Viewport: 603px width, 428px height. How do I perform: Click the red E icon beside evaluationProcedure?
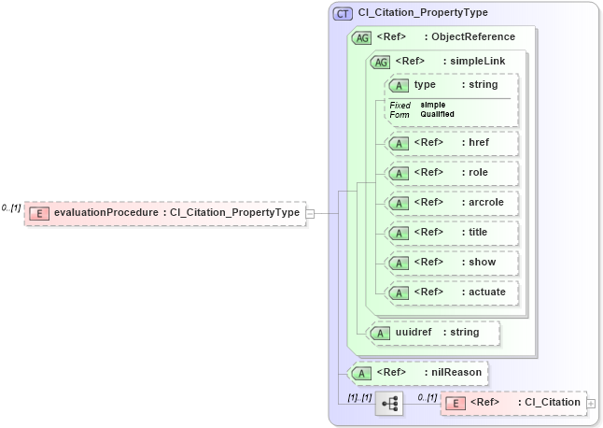tap(39, 213)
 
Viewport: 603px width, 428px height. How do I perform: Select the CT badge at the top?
tap(343, 13)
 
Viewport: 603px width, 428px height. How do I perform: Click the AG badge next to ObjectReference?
tap(361, 37)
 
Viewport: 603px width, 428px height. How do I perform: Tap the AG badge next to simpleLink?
tap(380, 62)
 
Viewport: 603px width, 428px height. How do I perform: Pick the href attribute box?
tap(452, 143)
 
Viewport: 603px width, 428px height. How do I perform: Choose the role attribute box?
tap(452, 173)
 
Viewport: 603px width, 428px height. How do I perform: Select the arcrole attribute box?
tap(452, 203)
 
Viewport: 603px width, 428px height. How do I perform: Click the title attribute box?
tap(452, 233)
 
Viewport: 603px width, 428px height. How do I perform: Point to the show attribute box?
tap(452, 263)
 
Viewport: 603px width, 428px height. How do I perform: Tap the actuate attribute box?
tap(452, 292)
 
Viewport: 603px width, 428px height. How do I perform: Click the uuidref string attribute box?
tap(433, 332)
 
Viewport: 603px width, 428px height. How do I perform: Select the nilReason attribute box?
tap(417, 373)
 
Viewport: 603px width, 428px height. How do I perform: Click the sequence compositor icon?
tap(389, 403)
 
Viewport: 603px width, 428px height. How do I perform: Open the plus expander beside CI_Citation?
tap(590, 403)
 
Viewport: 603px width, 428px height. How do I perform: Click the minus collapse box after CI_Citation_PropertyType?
tap(311, 213)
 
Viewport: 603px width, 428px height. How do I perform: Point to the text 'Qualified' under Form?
tap(437, 114)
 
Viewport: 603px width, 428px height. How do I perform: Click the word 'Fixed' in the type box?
tap(400, 105)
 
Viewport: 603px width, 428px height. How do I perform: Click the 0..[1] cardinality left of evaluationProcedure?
tap(11, 207)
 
